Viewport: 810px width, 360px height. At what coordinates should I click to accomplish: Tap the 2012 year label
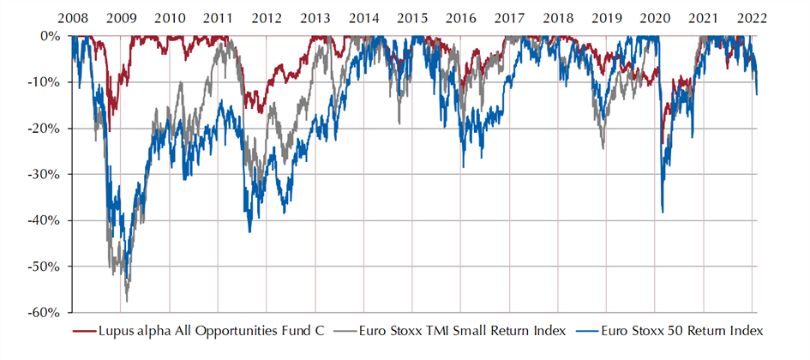(267, 18)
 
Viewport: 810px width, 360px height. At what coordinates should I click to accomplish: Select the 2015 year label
(412, 18)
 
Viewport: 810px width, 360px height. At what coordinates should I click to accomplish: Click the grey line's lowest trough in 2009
(127, 301)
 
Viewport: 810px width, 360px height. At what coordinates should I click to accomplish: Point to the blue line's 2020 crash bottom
(663, 212)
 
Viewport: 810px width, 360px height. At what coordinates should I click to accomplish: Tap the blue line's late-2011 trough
(249, 231)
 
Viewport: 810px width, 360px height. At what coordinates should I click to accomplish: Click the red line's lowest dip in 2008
(109, 130)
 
